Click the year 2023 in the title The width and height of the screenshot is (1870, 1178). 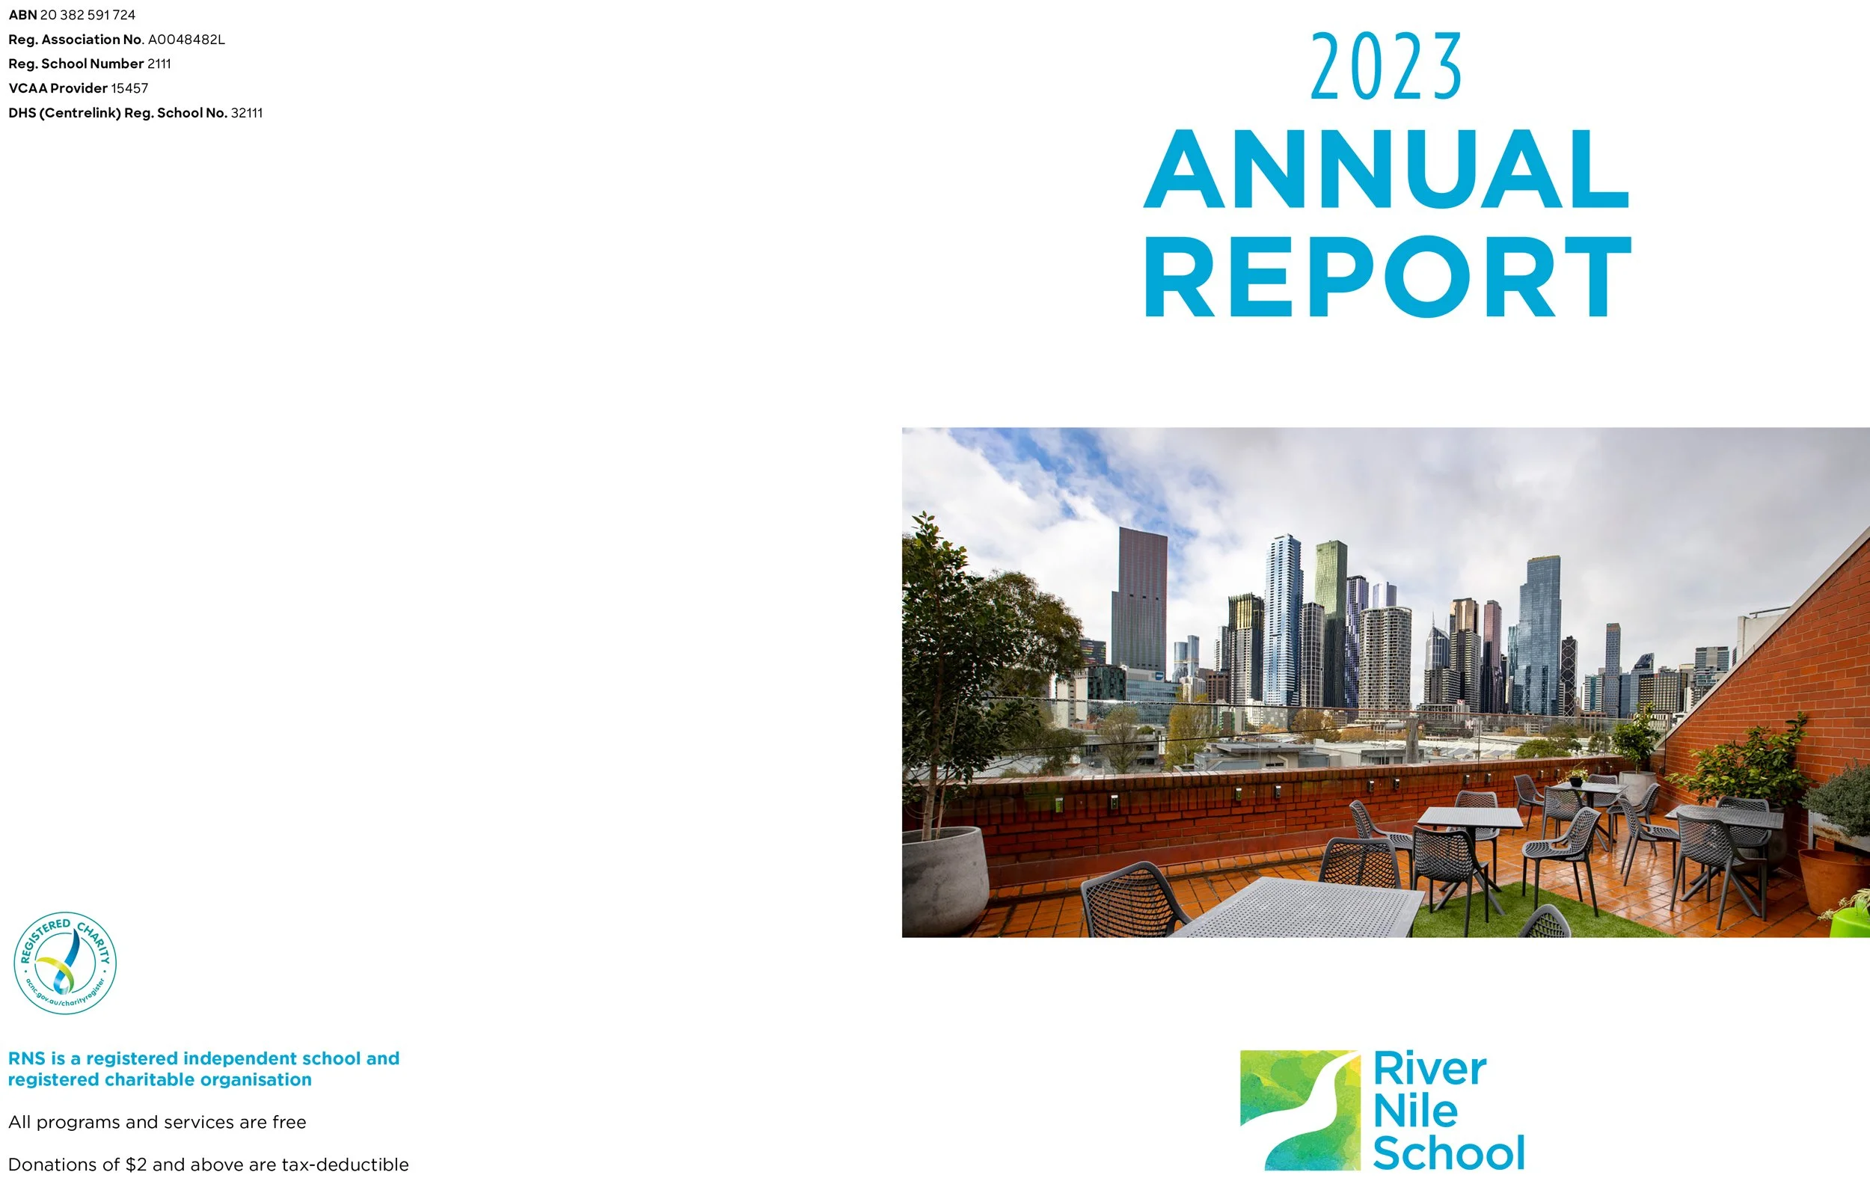coord(1386,67)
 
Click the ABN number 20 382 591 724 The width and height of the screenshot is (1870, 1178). coord(88,15)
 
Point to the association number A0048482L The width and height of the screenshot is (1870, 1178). coord(186,40)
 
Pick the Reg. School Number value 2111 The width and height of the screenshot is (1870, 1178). coord(159,64)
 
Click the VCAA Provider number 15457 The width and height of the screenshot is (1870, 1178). coord(129,88)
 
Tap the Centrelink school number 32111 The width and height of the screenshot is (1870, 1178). coord(247,114)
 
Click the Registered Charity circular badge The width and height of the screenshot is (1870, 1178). coord(65,963)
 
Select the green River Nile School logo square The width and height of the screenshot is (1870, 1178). coord(1300,1110)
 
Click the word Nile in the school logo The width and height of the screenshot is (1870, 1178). coord(1415,1111)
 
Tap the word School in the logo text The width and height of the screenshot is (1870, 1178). coord(1448,1153)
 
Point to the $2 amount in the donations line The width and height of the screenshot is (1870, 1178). coord(136,1165)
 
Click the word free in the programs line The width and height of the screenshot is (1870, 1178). coord(289,1122)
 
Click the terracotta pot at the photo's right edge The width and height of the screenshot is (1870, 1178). coord(1833,881)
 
